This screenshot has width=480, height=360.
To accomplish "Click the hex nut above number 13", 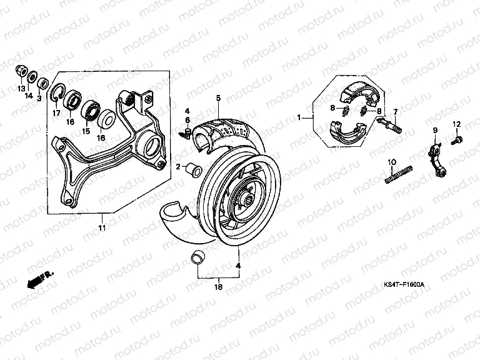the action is (21, 71).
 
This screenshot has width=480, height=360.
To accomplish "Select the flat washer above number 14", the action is (32, 76).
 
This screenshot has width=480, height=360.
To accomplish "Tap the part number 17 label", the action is (56, 113).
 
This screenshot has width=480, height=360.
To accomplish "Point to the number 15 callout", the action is (86, 131).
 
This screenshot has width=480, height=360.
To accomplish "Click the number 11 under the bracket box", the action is (102, 227).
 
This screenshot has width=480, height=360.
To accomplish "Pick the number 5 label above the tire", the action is (218, 98).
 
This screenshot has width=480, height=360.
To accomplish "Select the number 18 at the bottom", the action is (219, 287).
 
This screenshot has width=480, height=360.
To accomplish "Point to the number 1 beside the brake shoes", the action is (299, 117).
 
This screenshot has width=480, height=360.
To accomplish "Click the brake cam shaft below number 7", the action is (389, 125).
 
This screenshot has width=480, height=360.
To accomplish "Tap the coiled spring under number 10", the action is (399, 175).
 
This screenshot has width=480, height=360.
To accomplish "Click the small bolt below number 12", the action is (457, 140).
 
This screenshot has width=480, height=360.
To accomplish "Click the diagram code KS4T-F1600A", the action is (404, 285).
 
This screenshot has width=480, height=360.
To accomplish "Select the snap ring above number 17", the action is (57, 92).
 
